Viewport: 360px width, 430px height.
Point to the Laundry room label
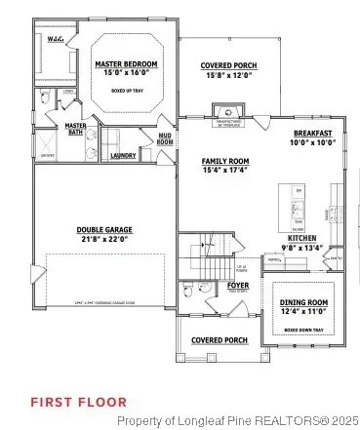123,155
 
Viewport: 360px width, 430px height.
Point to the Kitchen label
301,238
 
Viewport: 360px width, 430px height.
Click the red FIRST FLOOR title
78,401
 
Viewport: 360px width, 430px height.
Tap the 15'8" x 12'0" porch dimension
228,74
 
